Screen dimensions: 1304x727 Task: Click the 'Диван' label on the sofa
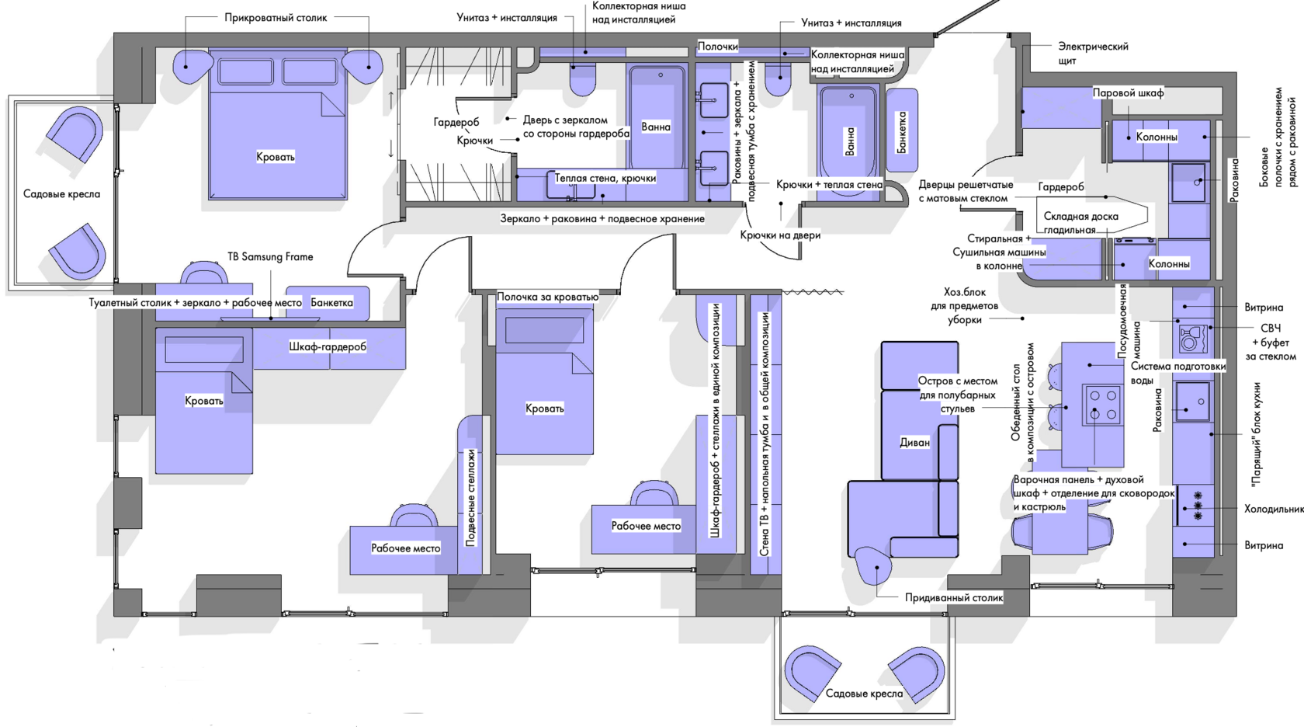[914, 442]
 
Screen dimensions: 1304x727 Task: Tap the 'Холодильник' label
[1274, 510]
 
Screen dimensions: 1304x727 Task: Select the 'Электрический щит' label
[1093, 53]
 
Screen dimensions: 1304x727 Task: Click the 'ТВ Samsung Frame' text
[270, 256]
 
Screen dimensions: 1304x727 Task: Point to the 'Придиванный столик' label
[954, 598]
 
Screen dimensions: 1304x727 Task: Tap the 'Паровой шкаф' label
[1129, 92]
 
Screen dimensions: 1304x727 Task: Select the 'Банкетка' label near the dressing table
[332, 302]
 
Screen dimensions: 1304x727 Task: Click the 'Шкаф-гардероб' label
[328, 346]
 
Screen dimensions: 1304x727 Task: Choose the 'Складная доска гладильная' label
[1081, 223]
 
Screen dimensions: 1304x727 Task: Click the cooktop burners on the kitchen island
[1102, 404]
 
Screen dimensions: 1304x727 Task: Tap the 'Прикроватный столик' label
[276, 17]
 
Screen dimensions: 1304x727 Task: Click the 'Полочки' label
[717, 46]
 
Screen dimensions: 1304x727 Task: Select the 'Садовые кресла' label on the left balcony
[62, 194]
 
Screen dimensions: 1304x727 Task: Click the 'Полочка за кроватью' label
[547, 297]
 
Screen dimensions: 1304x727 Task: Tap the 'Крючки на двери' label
[780, 235]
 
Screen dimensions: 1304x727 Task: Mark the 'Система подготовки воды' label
[1178, 374]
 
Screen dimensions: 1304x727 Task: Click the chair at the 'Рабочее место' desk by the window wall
[414, 515]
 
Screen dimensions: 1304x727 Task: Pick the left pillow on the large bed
[245, 71]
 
